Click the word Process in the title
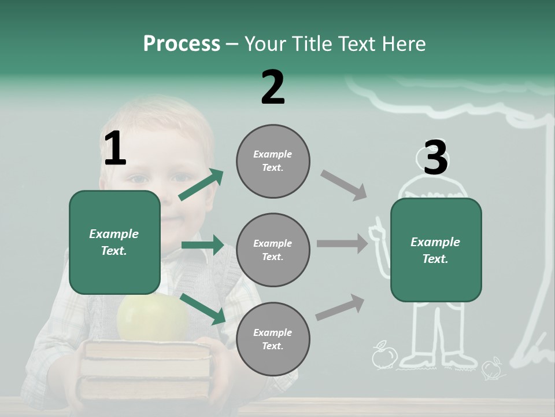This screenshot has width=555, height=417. pyautogui.click(x=182, y=44)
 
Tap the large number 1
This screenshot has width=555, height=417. pyautogui.click(x=114, y=149)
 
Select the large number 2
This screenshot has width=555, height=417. pyautogui.click(x=273, y=87)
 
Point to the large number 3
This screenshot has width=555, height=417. pyautogui.click(x=435, y=158)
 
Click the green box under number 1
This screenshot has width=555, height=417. pyautogui.click(x=114, y=242)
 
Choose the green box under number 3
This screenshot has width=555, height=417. pyautogui.click(x=436, y=250)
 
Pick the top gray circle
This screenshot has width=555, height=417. pyautogui.click(x=273, y=161)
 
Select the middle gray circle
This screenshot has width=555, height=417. pyautogui.click(x=273, y=250)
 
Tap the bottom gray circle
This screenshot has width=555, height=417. pyautogui.click(x=273, y=339)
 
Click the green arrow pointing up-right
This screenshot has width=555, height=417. pyautogui.click(x=201, y=185)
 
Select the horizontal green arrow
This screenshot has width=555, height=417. pyautogui.click(x=202, y=245)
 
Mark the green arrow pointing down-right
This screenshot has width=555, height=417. pyautogui.click(x=202, y=309)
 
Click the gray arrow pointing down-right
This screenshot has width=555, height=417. pyautogui.click(x=344, y=185)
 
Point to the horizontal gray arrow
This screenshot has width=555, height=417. pyautogui.click(x=342, y=244)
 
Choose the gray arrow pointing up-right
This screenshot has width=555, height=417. pyautogui.click(x=340, y=308)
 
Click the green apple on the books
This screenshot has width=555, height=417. pyautogui.click(x=153, y=318)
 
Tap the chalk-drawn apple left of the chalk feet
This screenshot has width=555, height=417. pyautogui.click(x=383, y=356)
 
